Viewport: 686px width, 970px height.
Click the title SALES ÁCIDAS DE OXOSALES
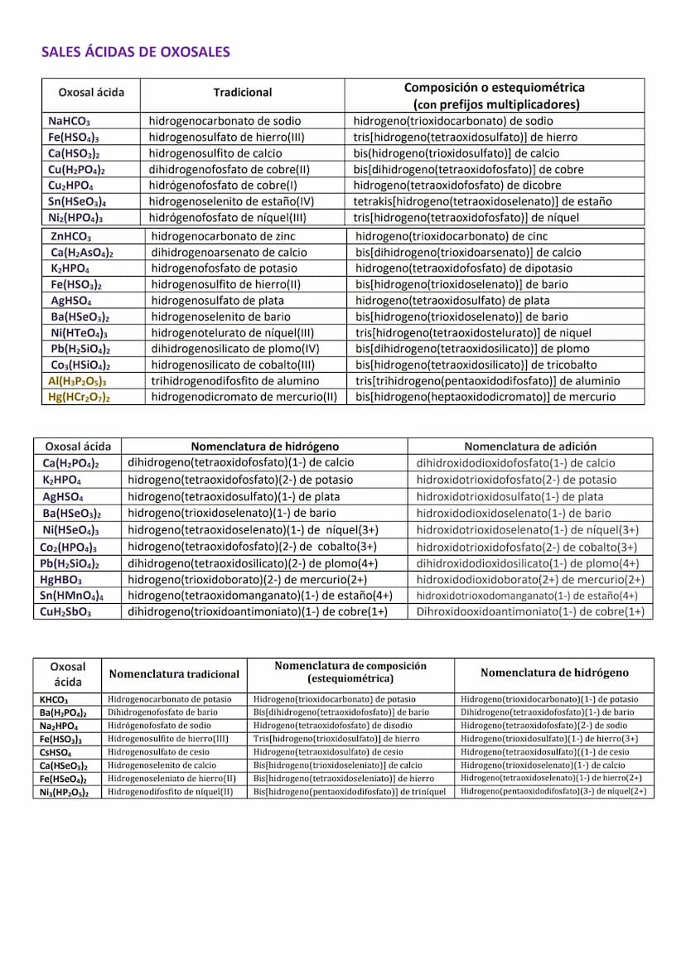(135, 52)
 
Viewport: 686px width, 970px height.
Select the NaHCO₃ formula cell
(69, 121)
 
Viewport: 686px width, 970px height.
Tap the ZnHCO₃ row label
(71, 237)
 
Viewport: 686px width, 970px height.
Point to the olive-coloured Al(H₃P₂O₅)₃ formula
(77, 381)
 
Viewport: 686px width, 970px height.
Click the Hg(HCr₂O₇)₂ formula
(79, 397)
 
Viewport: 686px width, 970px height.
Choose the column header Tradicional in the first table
(242, 93)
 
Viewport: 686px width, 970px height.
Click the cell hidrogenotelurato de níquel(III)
(233, 333)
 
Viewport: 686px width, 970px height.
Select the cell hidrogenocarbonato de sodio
(225, 121)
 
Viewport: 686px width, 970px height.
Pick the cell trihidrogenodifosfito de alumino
(234, 381)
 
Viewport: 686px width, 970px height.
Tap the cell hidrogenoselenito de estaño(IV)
(231, 201)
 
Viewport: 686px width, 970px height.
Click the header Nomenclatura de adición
(529, 446)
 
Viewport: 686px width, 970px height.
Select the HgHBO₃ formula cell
(60, 580)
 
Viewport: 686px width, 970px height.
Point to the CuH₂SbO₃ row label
(65, 612)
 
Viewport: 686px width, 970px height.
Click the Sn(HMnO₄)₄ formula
(71, 596)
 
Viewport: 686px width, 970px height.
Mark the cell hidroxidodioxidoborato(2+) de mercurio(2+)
(529, 580)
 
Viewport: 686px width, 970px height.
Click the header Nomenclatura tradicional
(174, 674)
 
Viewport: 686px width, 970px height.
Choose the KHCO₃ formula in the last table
(54, 700)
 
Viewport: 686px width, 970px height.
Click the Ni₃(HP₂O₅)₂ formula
(64, 792)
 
